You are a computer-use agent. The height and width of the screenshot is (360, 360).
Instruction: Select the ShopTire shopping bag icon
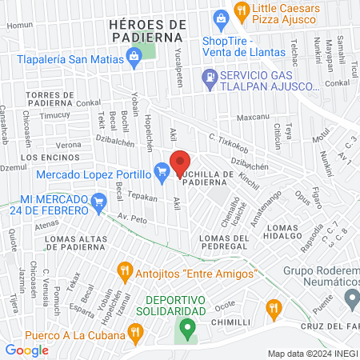tap(219, 18)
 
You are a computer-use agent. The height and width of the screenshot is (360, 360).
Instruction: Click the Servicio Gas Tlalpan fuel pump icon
tap(210, 78)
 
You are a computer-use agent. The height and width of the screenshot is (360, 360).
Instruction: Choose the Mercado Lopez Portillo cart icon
tap(162, 170)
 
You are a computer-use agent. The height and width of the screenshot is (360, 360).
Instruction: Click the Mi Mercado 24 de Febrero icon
tap(99, 200)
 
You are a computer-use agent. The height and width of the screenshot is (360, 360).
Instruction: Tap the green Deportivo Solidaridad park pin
tap(186, 326)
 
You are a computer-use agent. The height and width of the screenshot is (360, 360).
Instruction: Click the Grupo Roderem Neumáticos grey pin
tap(352, 299)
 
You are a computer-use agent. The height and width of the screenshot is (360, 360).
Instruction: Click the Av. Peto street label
tap(134, 218)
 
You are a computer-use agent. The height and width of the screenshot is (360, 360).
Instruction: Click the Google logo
tap(26, 350)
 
